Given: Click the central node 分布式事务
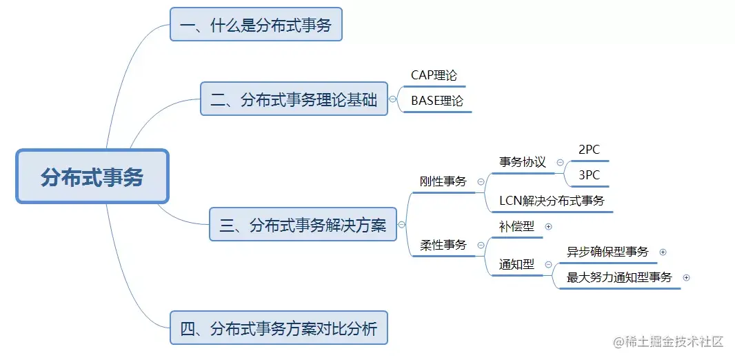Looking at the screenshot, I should click(x=92, y=177).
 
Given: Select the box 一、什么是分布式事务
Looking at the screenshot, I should click(x=256, y=26).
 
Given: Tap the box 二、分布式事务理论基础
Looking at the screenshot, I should click(x=294, y=99).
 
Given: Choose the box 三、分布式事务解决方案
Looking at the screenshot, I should click(x=303, y=224).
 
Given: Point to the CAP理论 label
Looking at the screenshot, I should click(x=434, y=75).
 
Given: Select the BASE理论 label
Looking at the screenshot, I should click(x=436, y=101).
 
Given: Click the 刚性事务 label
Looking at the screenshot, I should click(x=443, y=181).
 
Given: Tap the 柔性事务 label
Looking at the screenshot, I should click(x=443, y=245).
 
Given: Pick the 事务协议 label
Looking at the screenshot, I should click(x=522, y=162).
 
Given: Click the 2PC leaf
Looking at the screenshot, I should click(x=589, y=150).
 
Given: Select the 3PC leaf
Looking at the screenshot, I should click(x=589, y=175).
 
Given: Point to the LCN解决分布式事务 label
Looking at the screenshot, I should click(x=552, y=201).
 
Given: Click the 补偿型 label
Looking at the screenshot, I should click(x=516, y=226).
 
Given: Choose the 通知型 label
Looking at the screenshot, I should click(x=516, y=264).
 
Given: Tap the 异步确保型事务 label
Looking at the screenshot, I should click(x=607, y=252).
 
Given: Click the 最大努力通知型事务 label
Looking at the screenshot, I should click(x=618, y=277).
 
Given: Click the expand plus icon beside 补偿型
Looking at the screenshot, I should click(x=548, y=226).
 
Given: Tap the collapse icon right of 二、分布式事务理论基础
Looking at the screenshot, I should click(x=392, y=99).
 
